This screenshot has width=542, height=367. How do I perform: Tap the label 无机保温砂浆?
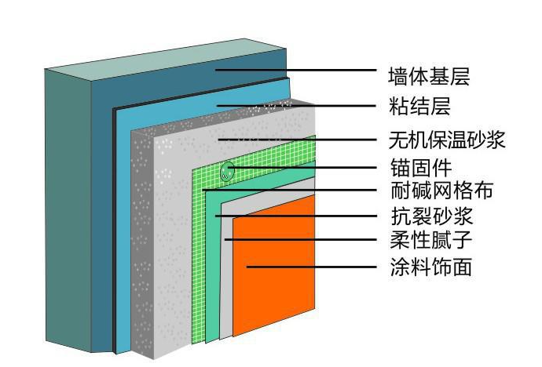(446, 140)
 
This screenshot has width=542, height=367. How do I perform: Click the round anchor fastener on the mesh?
(227, 170)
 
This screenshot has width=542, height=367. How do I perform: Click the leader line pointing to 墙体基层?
(298, 71)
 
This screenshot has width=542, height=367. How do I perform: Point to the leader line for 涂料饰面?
(314, 267)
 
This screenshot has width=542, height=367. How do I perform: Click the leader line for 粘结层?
(298, 105)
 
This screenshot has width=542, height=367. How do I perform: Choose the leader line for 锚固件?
(306, 167)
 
